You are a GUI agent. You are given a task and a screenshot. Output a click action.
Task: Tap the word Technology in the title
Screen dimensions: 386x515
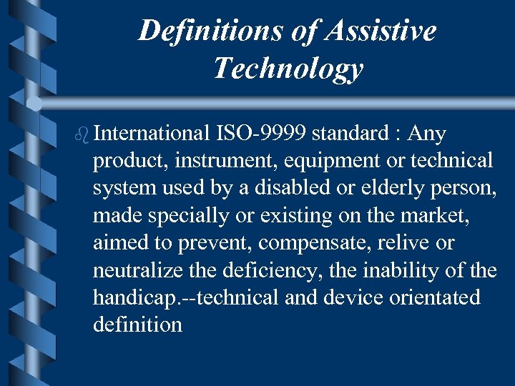point(288,69)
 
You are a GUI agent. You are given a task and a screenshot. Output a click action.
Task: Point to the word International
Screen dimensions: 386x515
point(150,134)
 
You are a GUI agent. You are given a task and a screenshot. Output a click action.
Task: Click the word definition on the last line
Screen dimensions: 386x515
point(137,325)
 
